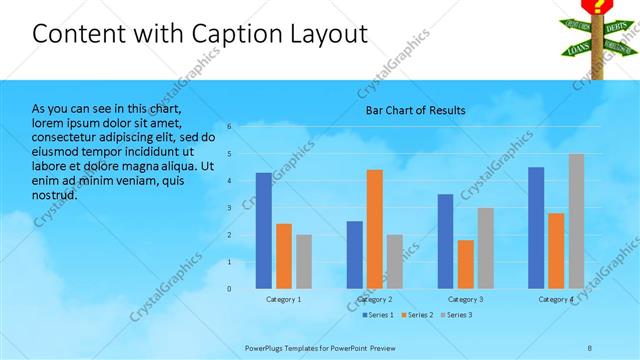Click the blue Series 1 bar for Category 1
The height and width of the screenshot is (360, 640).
[263, 231]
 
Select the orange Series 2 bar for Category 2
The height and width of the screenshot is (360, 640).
[374, 229]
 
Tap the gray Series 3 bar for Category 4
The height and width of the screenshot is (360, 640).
[576, 221]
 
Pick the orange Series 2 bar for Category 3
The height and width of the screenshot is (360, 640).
[465, 264]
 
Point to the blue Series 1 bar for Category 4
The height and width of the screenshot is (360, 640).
[536, 228]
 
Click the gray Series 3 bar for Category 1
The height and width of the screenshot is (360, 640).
[303, 262]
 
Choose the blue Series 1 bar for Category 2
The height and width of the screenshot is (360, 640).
[354, 255]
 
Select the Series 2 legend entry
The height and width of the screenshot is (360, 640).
[417, 315]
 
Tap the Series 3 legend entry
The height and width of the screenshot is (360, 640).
[457, 315]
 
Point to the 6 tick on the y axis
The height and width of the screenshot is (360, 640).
[229, 127]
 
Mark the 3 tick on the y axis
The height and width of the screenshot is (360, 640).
[229, 208]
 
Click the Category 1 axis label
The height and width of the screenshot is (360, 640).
[283, 299]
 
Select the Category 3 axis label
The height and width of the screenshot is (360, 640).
[465, 299]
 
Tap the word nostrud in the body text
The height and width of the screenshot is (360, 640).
[54, 194]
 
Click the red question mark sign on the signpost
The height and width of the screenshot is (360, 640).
[599, 6]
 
